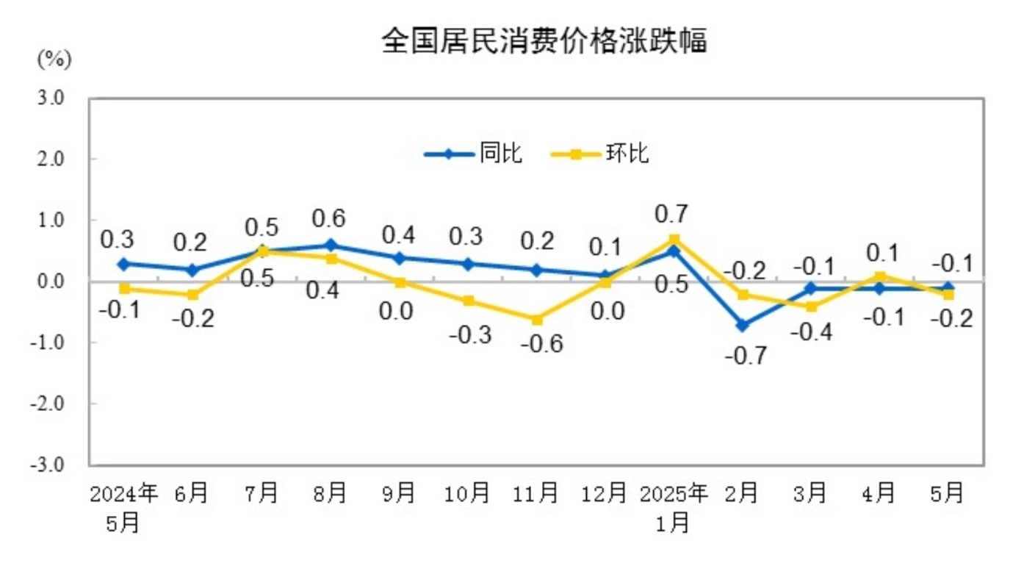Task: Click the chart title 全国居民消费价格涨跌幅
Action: pyautogui.click(x=544, y=41)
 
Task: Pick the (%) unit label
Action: pyautogui.click(x=53, y=60)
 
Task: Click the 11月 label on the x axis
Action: pyautogui.click(x=536, y=493)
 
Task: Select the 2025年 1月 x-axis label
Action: pyautogui.click(x=674, y=506)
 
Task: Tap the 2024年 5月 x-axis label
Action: pyautogui.click(x=123, y=506)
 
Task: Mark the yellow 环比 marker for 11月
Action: pyautogui.click(x=537, y=320)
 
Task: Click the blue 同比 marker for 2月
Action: pyautogui.click(x=743, y=325)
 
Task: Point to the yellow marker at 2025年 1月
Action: pyautogui.click(x=674, y=240)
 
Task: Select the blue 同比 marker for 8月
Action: pyautogui.click(x=331, y=245)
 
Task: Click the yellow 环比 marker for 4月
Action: pyautogui.click(x=880, y=276)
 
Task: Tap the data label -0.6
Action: pyautogui.click(x=541, y=343)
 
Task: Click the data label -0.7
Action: pyautogui.click(x=745, y=356)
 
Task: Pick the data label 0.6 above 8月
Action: pyautogui.click(x=328, y=218)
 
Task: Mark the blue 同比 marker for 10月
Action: pyautogui.click(x=468, y=264)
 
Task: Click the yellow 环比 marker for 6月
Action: pyautogui.click(x=192, y=295)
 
